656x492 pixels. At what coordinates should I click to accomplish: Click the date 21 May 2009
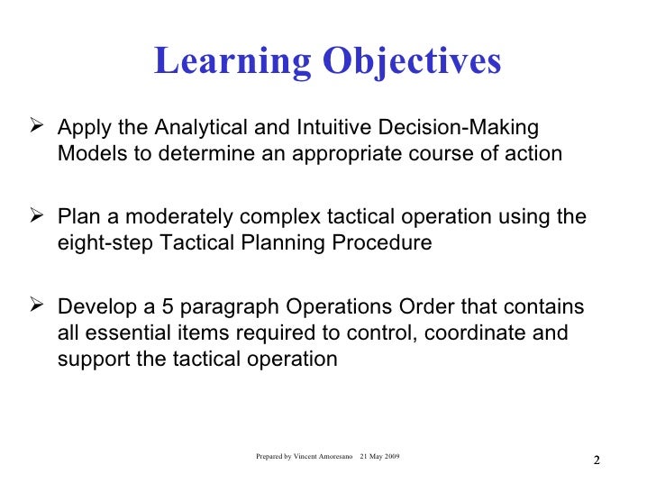click(380, 458)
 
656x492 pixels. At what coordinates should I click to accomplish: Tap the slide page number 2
click(596, 462)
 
